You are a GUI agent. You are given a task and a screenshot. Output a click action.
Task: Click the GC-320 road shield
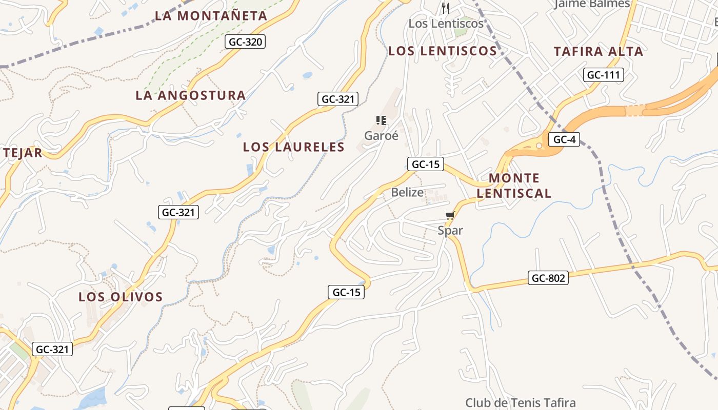tap(245, 42)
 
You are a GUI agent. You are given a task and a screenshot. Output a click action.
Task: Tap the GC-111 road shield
tap(603, 75)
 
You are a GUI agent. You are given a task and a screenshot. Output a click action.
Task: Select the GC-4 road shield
tap(564, 139)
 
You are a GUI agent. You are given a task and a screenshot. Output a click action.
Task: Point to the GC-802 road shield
tap(548, 278)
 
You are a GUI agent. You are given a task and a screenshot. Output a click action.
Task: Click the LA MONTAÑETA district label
tap(211, 16)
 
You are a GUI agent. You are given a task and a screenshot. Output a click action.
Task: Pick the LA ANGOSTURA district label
tap(191, 95)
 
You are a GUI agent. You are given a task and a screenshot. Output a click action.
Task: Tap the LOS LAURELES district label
tap(294, 147)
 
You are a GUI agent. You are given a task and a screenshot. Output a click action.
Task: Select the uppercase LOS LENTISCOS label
tap(443, 51)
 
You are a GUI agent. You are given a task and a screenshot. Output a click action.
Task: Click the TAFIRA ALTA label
tap(599, 51)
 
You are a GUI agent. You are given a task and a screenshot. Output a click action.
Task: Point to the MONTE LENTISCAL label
tap(514, 186)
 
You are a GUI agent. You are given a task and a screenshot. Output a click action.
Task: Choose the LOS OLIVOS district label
tap(121, 297)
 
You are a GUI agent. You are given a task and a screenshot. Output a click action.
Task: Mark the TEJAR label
tap(22, 153)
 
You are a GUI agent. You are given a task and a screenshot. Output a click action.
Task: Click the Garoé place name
tap(381, 136)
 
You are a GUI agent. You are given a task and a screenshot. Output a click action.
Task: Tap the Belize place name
tap(407, 193)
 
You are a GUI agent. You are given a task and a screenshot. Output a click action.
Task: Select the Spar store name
tap(450, 231)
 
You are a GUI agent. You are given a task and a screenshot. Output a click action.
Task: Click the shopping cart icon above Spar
tap(450, 216)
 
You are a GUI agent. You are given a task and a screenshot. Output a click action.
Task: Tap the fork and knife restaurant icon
tap(445, 8)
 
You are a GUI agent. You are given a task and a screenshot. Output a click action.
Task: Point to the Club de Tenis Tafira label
tap(520, 403)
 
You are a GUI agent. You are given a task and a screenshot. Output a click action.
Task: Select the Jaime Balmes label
tap(592, 4)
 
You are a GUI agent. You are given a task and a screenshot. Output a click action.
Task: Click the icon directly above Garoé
tap(381, 120)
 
